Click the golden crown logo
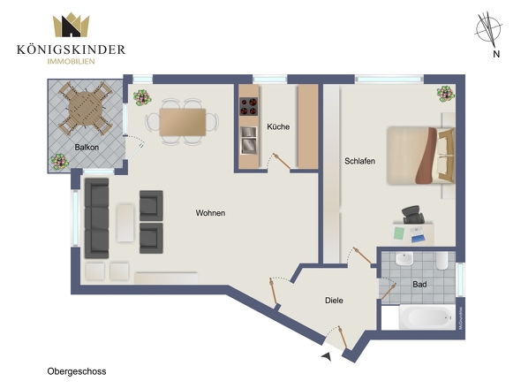(70, 26)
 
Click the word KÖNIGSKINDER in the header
(71, 50)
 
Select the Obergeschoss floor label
(77, 371)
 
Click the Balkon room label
(86, 147)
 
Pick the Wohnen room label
(210, 213)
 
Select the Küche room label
(278, 127)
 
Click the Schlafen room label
(360, 162)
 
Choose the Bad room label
(420, 284)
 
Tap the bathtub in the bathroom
(420, 317)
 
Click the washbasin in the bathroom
(404, 260)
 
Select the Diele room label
(333, 301)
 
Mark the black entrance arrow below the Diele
(328, 355)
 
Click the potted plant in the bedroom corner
(445, 92)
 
